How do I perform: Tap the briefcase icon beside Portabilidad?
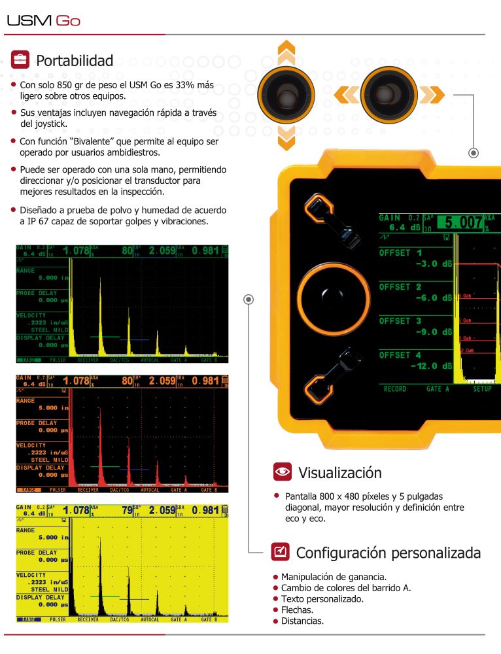[20, 60]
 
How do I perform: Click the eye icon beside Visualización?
[283, 472]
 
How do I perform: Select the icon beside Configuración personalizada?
[280, 552]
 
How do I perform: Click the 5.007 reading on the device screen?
[460, 222]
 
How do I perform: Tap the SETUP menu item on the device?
[483, 388]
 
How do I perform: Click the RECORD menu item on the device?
[395, 388]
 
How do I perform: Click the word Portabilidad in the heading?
[75, 61]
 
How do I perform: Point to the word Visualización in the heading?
[339, 472]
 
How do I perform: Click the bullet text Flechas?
[297, 610]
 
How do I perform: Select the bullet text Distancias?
[302, 621]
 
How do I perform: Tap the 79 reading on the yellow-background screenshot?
[127, 509]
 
